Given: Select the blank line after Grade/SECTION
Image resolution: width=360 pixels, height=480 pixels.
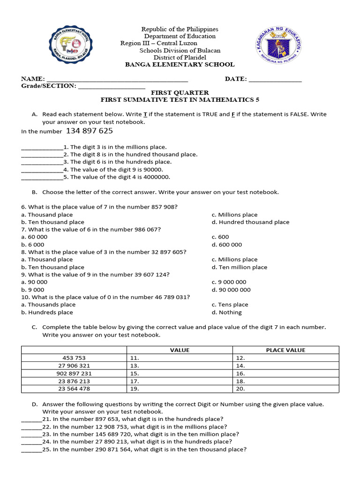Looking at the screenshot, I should pos(112,87).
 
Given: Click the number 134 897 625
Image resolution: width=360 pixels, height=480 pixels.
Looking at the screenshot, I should pos(90,131).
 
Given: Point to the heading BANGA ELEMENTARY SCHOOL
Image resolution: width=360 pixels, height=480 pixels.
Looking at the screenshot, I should pos(180,65).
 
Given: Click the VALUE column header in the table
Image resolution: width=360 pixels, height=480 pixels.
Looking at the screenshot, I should pos(180,350).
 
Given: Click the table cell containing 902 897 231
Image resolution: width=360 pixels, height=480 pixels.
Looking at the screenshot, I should pos(74,374).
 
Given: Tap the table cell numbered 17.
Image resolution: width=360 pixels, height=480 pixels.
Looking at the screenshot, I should pos(180,381).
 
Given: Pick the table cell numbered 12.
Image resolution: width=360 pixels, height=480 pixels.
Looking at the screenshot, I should pos(285,358).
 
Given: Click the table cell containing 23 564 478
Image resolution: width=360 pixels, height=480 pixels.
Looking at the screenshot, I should pos(74,389).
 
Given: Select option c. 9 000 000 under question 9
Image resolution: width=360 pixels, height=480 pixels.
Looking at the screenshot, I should pos(229,282).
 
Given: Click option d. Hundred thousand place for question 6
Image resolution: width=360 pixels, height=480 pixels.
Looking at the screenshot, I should pos(250,222).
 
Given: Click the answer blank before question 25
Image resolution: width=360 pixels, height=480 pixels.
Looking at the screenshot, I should pos(31,450).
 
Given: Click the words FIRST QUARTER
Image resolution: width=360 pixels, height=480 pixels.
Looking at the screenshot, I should pos(180,93).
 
